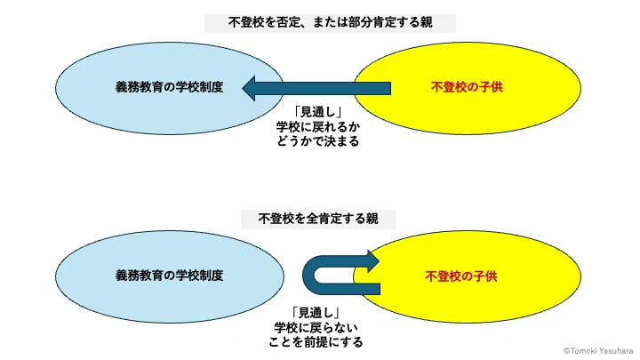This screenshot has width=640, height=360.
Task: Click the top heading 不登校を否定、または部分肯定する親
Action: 330,22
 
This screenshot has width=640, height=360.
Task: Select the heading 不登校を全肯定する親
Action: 318,219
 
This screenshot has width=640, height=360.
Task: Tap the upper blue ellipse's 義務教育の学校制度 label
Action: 170,87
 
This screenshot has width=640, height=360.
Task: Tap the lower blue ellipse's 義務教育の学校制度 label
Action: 170,276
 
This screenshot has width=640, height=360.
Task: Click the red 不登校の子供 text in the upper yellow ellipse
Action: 467,87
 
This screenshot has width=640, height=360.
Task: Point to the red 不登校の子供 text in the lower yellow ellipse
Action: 461,276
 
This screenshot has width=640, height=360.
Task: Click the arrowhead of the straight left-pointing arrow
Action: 249,88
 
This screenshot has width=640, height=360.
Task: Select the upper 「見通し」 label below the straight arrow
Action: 318,112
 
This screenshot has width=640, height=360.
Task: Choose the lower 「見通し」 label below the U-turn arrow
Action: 316,313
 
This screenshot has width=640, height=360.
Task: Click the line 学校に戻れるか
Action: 318,127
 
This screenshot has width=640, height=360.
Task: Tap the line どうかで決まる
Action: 318,141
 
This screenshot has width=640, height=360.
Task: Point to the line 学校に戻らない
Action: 316,327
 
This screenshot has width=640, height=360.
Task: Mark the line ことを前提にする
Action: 316,342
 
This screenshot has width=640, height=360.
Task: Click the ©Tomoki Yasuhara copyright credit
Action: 598,351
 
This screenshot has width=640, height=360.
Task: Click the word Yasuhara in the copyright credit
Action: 617,351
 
